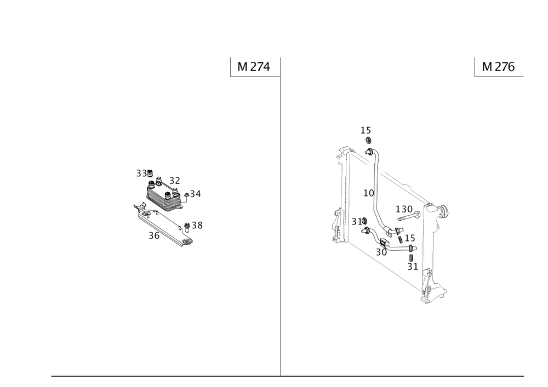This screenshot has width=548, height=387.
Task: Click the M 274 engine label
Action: tap(254, 67)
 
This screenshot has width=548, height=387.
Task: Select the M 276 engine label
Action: tap(498, 67)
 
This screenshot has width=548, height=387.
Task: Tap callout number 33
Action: tap(141, 173)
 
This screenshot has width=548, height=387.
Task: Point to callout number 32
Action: tap(175, 181)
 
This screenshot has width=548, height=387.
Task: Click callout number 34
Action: tap(196, 194)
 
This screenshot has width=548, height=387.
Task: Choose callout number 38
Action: tap(197, 226)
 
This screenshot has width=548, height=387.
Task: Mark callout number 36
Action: tap(154, 236)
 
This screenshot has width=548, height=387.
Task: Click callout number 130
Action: tap(404, 210)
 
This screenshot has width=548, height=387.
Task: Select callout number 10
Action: tap(369, 193)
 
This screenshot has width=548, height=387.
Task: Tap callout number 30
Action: tap(381, 252)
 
